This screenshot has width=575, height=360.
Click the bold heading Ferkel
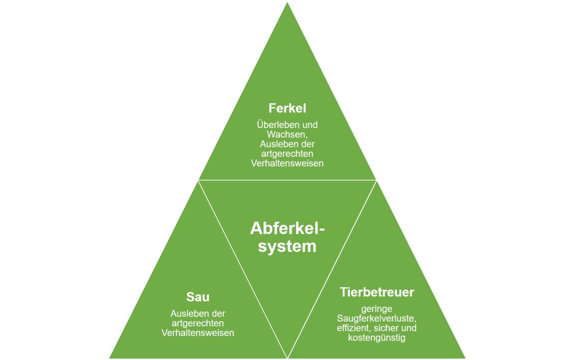(x=287, y=108)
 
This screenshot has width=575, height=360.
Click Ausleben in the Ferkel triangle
(x=276, y=144)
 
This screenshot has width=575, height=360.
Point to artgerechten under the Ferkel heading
(x=287, y=154)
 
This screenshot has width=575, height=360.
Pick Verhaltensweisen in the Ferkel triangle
(x=287, y=164)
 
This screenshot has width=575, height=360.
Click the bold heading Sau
(x=198, y=297)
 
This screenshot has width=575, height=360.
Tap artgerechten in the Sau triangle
(x=198, y=323)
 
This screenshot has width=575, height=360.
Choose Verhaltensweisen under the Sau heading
(x=198, y=333)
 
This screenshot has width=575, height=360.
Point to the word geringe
(x=377, y=309)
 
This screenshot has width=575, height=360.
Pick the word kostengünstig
(x=377, y=338)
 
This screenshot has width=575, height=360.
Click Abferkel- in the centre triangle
(x=287, y=228)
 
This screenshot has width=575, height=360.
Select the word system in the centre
(x=287, y=246)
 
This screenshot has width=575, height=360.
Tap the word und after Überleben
(x=309, y=125)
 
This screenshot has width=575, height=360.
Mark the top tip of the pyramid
(x=287, y=2)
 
